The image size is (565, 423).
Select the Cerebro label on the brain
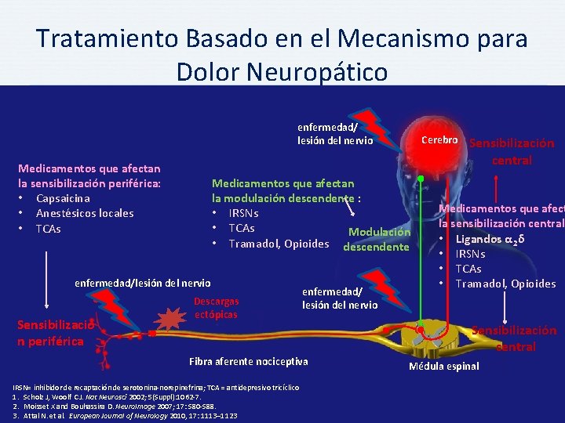(x=439, y=139)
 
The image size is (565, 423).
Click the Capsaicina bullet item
(x=68, y=198)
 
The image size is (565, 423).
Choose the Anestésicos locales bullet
(x=85, y=213)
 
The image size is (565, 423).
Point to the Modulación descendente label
(x=377, y=239)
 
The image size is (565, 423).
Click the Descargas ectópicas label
(x=216, y=307)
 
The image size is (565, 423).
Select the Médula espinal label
(x=443, y=366)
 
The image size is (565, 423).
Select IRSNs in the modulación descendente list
(x=243, y=213)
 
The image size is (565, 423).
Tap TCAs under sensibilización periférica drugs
(x=48, y=229)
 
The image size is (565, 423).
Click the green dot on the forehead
(x=421, y=179)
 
